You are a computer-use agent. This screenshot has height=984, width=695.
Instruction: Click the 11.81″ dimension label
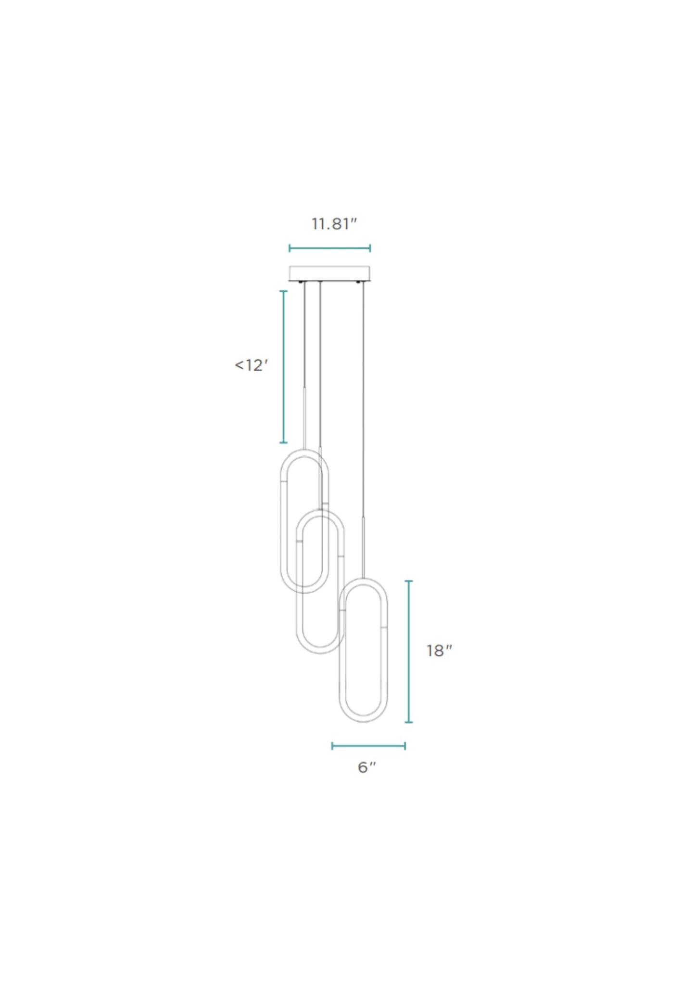(x=334, y=224)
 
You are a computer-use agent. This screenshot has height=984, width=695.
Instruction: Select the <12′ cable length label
(x=251, y=365)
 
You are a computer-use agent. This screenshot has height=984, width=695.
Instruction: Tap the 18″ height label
(x=439, y=650)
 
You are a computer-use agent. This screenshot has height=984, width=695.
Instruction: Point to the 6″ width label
(x=366, y=767)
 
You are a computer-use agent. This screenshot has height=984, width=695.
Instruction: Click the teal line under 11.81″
(x=329, y=248)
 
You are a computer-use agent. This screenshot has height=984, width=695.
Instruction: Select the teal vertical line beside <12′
(x=284, y=367)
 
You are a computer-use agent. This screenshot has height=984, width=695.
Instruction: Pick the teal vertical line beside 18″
(x=409, y=652)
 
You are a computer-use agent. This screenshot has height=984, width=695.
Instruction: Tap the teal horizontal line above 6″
(x=368, y=746)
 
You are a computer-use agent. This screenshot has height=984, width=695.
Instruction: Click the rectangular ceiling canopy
(x=329, y=273)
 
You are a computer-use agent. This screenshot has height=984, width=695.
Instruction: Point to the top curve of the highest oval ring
(x=304, y=452)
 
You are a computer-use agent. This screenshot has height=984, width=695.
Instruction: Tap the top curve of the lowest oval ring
(x=363, y=581)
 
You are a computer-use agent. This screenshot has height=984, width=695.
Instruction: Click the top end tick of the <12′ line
(x=284, y=291)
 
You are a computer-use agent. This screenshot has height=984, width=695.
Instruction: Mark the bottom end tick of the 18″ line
(x=409, y=722)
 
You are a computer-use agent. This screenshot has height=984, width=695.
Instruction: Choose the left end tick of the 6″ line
(x=332, y=746)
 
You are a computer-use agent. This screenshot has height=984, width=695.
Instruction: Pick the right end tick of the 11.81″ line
(x=370, y=248)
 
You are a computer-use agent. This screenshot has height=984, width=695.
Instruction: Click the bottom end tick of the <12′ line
(x=284, y=442)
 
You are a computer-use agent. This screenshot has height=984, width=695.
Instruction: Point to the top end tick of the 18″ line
(x=409, y=582)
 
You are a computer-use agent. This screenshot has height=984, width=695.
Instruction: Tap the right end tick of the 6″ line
(x=404, y=746)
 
